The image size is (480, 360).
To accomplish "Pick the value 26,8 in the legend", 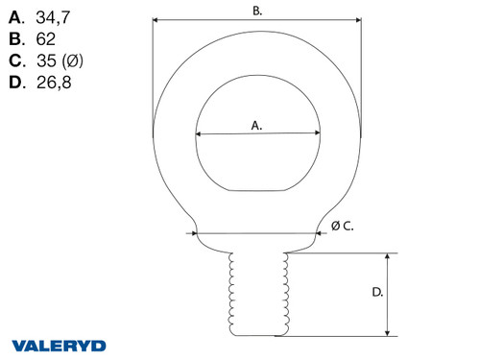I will pos(52,84).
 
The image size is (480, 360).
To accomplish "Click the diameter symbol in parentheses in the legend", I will pos(74,61).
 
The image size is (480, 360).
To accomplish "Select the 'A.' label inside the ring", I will pos(256,125).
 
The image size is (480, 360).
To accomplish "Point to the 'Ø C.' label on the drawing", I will pos(342,226).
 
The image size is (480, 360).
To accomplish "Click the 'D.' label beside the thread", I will pos(376,292).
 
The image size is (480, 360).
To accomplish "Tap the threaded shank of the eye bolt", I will pos(256,293).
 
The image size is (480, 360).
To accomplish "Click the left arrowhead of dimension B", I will pos(156,19).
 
